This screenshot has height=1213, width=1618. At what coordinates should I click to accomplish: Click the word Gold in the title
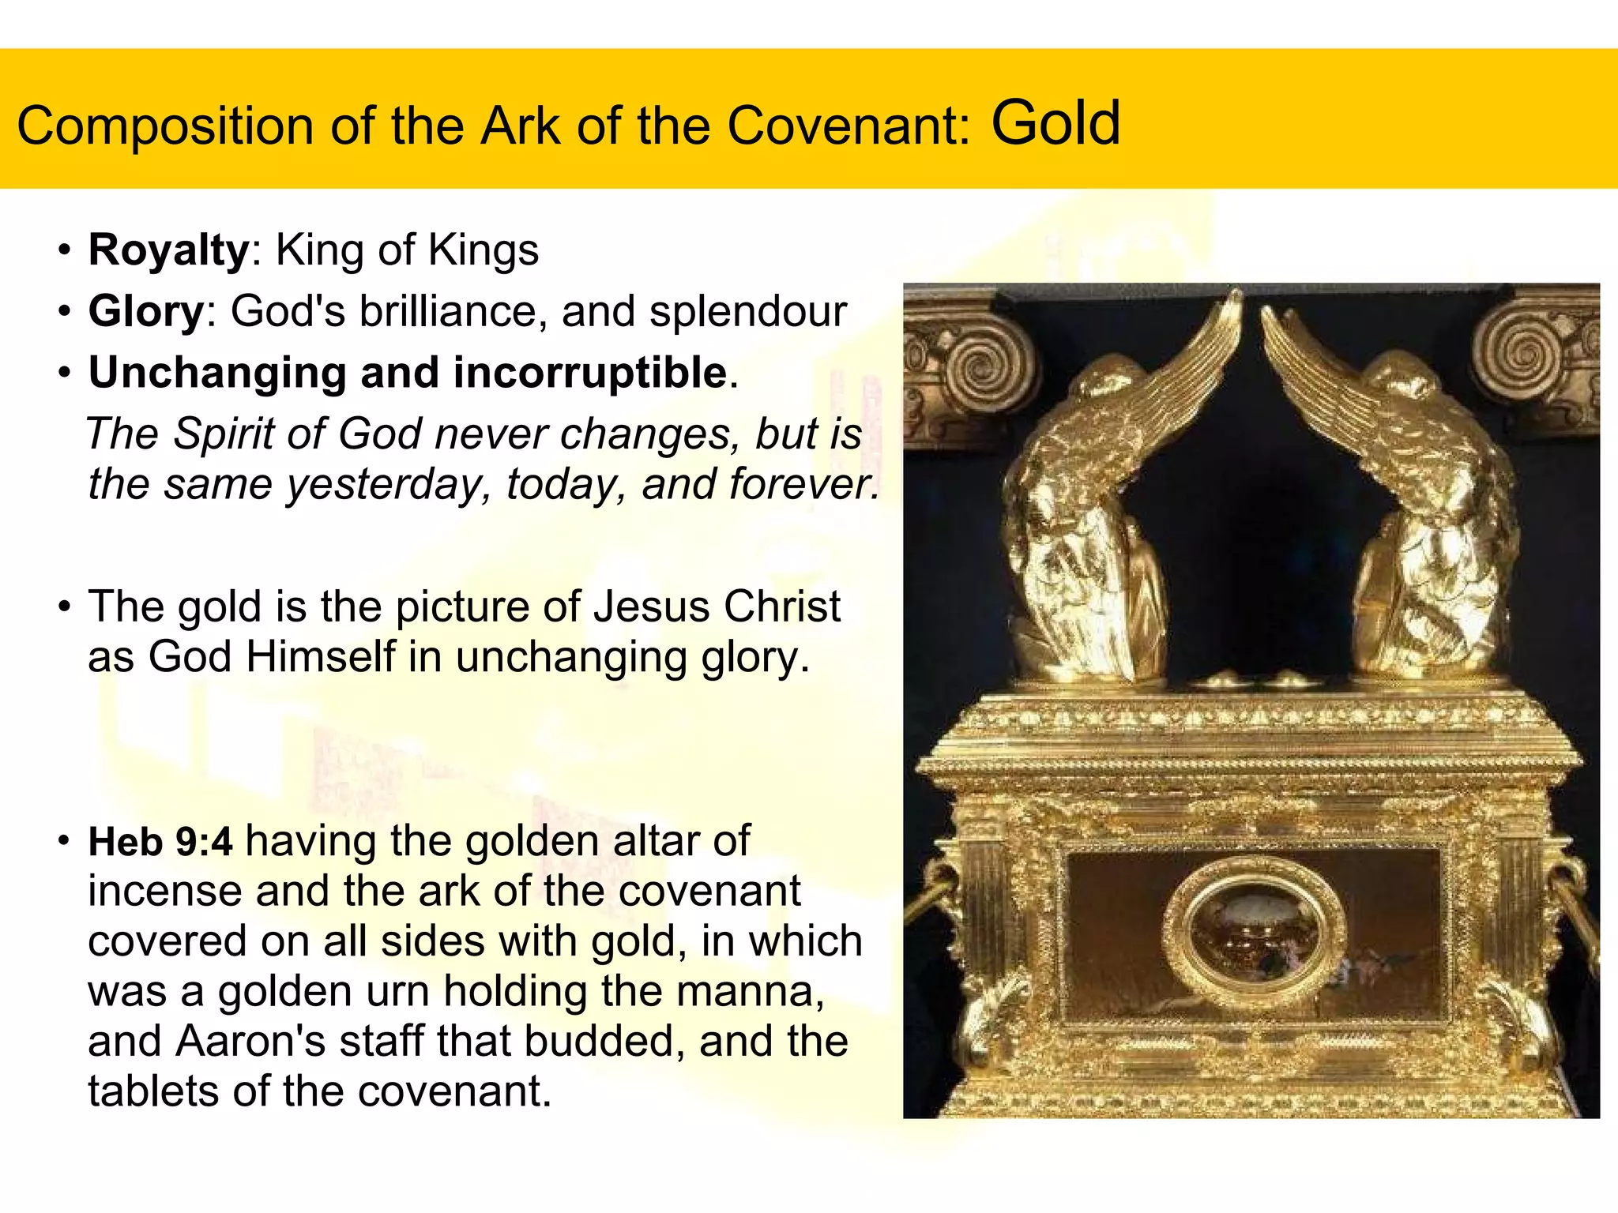(x=1055, y=124)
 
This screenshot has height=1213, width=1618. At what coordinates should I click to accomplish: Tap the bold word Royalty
(x=169, y=250)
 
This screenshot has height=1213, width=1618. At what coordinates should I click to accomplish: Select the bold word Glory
(x=147, y=311)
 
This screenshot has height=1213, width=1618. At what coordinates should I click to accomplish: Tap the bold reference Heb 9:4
(x=160, y=842)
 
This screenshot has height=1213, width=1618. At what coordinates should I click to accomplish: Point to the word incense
(x=165, y=892)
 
